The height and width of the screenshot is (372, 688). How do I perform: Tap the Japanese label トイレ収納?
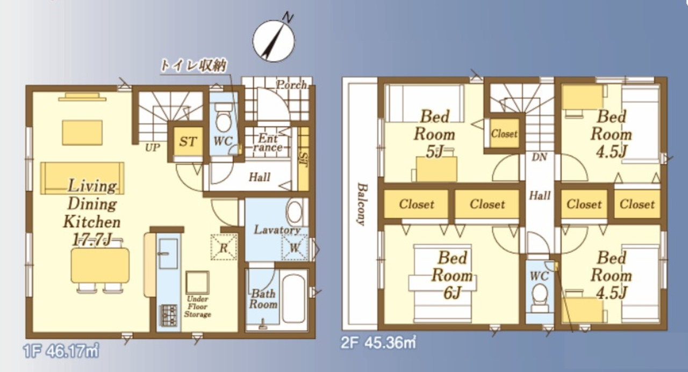193,65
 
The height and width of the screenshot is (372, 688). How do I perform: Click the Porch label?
291,85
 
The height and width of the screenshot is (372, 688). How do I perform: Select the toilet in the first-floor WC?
223,118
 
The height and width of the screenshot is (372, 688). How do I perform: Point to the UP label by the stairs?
153,148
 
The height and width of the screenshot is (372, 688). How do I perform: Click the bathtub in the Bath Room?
293,296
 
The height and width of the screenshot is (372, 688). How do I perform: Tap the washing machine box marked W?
295,247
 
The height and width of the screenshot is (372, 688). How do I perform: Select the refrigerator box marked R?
224,247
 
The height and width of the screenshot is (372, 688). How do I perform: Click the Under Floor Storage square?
197,282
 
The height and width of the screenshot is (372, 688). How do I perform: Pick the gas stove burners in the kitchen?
169,315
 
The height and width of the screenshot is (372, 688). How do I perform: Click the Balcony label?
362,204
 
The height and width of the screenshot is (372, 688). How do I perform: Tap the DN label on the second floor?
540,157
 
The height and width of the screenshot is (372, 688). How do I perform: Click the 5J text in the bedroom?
434,151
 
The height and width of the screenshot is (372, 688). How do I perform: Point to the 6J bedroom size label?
452,293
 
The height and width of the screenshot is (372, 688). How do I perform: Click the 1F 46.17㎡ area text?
61,351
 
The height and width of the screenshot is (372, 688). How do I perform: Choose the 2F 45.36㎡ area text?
378,342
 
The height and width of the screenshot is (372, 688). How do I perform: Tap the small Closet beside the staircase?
504,134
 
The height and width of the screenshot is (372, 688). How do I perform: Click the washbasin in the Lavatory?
294,212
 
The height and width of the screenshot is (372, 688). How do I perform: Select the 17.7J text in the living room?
91,240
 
